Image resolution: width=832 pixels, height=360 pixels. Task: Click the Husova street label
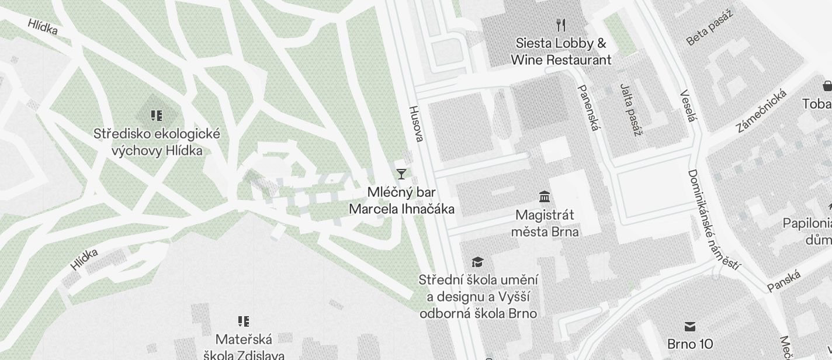(x=415, y=123)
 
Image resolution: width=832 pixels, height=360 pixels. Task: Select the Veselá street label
(x=689, y=106)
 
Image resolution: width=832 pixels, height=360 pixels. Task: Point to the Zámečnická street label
(x=761, y=111)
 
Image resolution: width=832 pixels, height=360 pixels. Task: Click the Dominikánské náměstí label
(x=713, y=221)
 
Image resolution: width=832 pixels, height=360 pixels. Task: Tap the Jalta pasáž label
(x=630, y=109)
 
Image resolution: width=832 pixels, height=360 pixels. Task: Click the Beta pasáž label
(x=709, y=28)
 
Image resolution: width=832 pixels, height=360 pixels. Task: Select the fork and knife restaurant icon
(x=561, y=25)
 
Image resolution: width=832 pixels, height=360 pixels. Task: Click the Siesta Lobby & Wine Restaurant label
(x=561, y=51)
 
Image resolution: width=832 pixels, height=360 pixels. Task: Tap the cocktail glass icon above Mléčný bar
(x=401, y=174)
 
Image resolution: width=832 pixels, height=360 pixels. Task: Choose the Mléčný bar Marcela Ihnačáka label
(x=401, y=200)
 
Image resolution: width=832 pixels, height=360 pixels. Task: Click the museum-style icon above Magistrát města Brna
(x=545, y=196)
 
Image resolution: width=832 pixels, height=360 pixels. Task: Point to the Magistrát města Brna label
(x=545, y=223)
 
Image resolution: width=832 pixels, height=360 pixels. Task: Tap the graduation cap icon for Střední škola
(x=478, y=262)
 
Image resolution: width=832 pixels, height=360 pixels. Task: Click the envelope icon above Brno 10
(x=690, y=326)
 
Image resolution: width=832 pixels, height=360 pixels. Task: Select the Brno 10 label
(x=690, y=343)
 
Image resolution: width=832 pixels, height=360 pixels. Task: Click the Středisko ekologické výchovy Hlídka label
(x=157, y=142)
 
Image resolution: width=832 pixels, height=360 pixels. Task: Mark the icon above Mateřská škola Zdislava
(x=244, y=321)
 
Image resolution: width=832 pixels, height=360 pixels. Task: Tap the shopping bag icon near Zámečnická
(x=827, y=86)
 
